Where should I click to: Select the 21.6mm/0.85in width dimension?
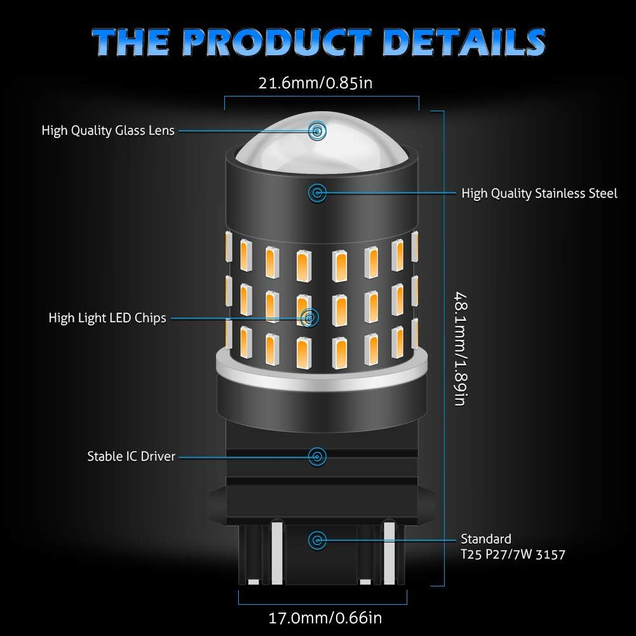[320, 83]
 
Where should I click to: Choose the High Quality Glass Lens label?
[108, 131]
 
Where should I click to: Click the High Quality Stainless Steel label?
[539, 193]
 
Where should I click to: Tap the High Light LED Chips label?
[107, 318]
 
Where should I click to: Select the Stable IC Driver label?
[131, 456]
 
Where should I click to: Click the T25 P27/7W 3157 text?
[513, 554]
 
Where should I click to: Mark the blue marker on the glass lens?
[316, 131]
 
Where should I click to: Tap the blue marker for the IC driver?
[316, 456]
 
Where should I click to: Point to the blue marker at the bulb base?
[316, 540]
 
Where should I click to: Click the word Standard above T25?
[486, 539]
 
